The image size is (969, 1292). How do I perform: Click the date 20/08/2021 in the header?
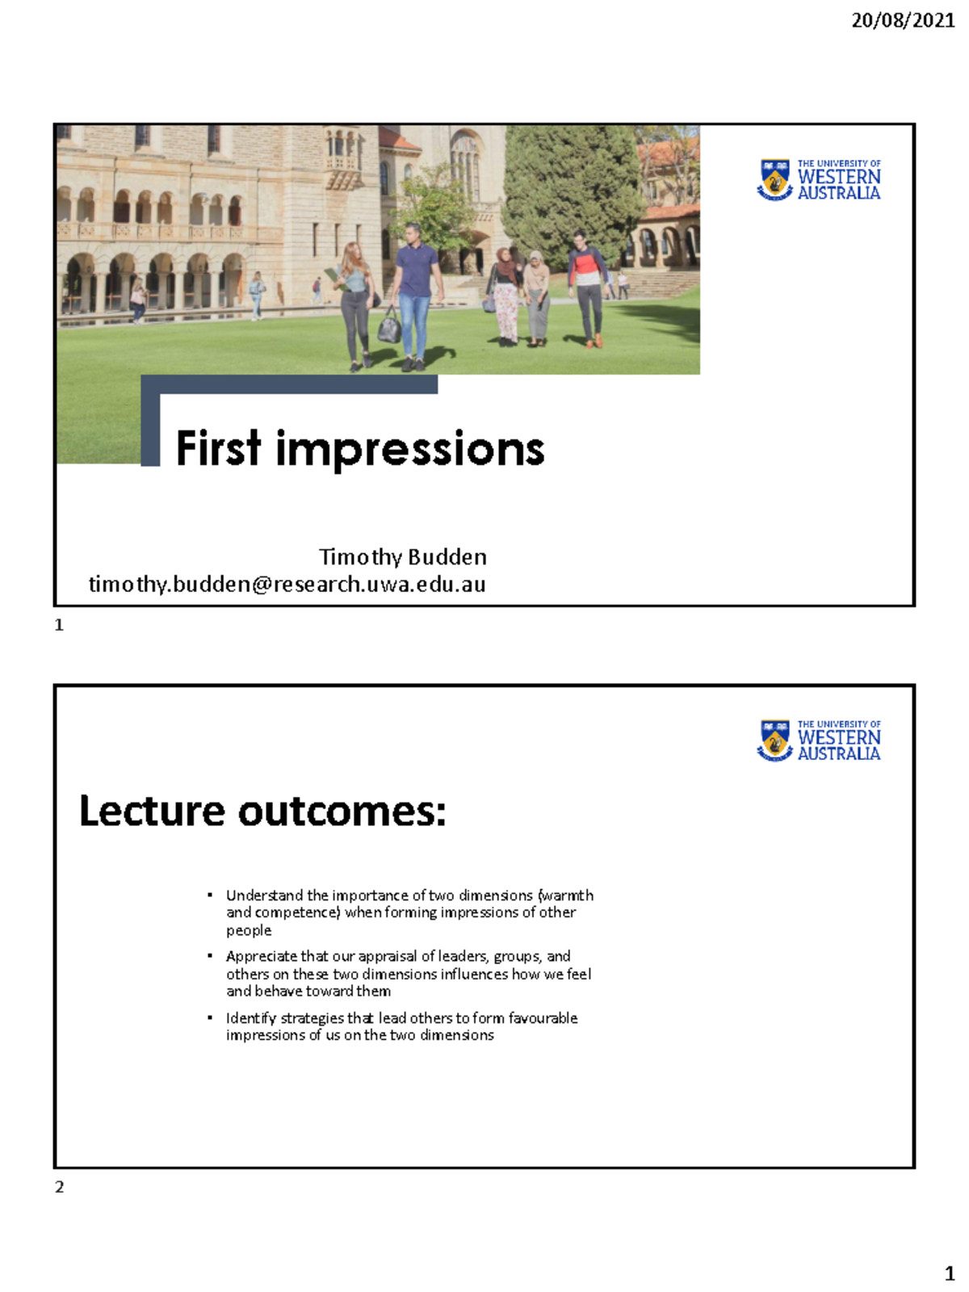tap(903, 21)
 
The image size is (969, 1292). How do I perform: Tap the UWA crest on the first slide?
tap(775, 179)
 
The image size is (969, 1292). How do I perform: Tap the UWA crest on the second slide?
tap(775, 740)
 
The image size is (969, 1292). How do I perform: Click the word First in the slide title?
tap(219, 449)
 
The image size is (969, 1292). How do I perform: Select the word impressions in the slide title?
tap(410, 451)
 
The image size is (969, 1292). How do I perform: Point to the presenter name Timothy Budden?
tap(402, 557)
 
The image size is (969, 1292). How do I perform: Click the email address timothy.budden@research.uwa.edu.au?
tap(287, 584)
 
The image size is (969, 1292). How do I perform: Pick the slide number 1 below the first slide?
tap(59, 625)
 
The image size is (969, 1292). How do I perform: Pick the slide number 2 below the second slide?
tap(59, 1187)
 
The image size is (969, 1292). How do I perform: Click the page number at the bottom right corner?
tap(950, 1274)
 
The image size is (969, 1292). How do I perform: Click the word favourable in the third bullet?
tap(543, 1018)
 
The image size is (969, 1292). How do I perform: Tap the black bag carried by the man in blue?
tap(389, 327)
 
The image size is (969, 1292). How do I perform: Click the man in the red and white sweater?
tap(588, 283)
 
